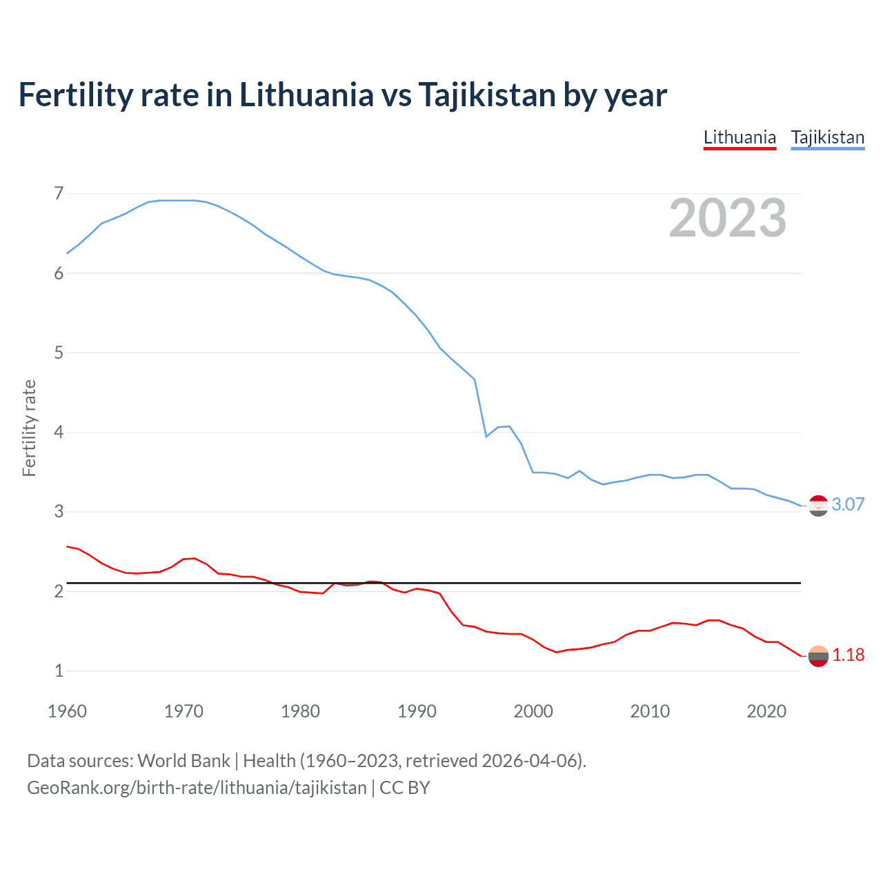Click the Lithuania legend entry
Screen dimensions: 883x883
tap(740, 137)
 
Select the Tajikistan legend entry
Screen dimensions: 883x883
tap(827, 137)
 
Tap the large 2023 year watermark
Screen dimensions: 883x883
tap(727, 218)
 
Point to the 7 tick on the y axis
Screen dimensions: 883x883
tap(59, 193)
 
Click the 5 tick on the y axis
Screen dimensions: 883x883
tap(59, 353)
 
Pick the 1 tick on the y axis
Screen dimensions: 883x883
tap(59, 671)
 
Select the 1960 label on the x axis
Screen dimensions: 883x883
tap(67, 711)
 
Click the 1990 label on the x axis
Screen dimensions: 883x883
tap(417, 711)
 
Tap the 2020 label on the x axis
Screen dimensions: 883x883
tap(766, 711)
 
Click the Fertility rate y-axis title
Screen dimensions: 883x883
tap(29, 428)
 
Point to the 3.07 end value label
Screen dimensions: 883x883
tap(848, 504)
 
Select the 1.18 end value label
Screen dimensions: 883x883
tap(848, 655)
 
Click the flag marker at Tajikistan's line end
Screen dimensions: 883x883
tap(818, 506)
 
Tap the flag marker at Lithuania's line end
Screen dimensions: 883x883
tap(818, 656)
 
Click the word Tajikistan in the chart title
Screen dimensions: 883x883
tap(486, 95)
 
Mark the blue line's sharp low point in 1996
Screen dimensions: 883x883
tap(486, 436)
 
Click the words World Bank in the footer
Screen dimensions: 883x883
tap(183, 761)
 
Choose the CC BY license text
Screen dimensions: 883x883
tap(405, 788)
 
